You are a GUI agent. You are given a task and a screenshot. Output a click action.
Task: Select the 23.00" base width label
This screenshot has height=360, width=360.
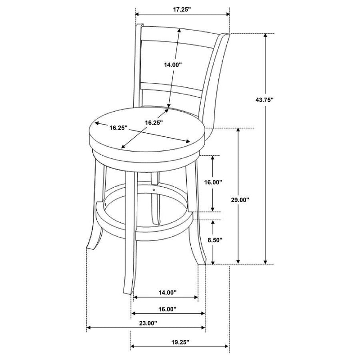coord(147,323)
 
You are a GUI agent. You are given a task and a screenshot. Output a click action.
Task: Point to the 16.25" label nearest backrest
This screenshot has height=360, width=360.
coord(153,122)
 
